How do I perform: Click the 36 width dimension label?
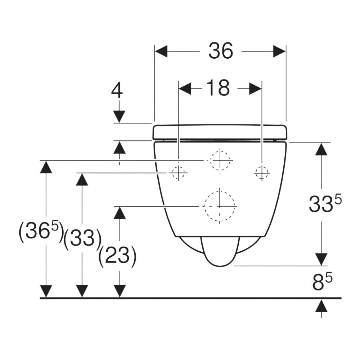click(x=221, y=51)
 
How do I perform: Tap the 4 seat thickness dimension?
click(x=117, y=91)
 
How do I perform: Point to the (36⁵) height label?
click(x=41, y=232)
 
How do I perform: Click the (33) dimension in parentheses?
click(x=82, y=238)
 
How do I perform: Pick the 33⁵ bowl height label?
click(x=324, y=204)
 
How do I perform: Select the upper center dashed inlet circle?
click(x=220, y=159)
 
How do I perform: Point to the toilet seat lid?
click(x=220, y=132)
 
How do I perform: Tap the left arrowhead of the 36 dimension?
click(x=161, y=51)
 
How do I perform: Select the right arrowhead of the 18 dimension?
click(x=255, y=88)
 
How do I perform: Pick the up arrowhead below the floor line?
click(x=321, y=306)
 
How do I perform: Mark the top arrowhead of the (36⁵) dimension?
click(x=46, y=167)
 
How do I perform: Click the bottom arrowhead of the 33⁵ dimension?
click(x=321, y=259)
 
